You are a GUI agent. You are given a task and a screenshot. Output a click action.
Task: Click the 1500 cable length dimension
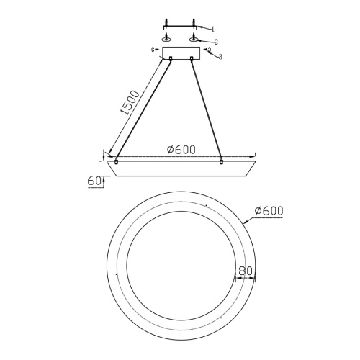(130, 103)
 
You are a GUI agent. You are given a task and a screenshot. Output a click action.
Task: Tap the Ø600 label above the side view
(181, 150)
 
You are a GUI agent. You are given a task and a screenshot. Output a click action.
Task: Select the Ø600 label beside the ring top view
(269, 211)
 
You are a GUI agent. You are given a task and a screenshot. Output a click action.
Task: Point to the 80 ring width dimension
(246, 271)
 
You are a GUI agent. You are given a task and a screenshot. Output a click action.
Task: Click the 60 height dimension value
(94, 181)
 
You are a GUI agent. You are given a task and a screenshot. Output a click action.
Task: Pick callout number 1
(212, 30)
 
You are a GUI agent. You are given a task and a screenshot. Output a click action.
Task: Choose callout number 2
(216, 42)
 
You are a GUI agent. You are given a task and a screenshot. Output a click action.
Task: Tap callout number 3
(220, 57)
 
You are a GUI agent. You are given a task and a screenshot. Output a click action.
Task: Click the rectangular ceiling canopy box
(181, 53)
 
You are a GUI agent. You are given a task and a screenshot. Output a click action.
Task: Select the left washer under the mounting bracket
(166, 39)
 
